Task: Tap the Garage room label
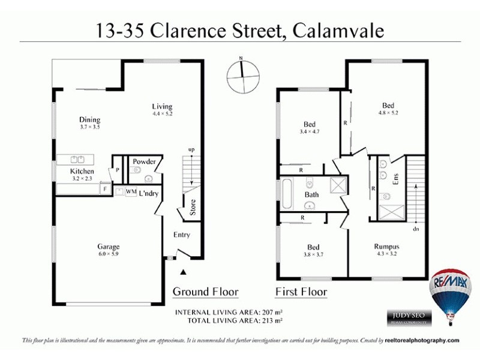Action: coord(109,247)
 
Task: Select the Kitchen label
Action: coord(82,171)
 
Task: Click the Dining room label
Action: coord(89,120)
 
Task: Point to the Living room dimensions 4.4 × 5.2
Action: coord(162,114)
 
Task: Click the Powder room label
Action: coord(144,161)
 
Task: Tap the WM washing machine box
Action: coord(130,193)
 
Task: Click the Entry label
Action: coord(181,235)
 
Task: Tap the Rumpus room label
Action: coord(386,247)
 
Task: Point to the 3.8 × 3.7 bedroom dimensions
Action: coord(313,254)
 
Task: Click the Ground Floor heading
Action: coord(205,292)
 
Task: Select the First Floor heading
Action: coord(301,292)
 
